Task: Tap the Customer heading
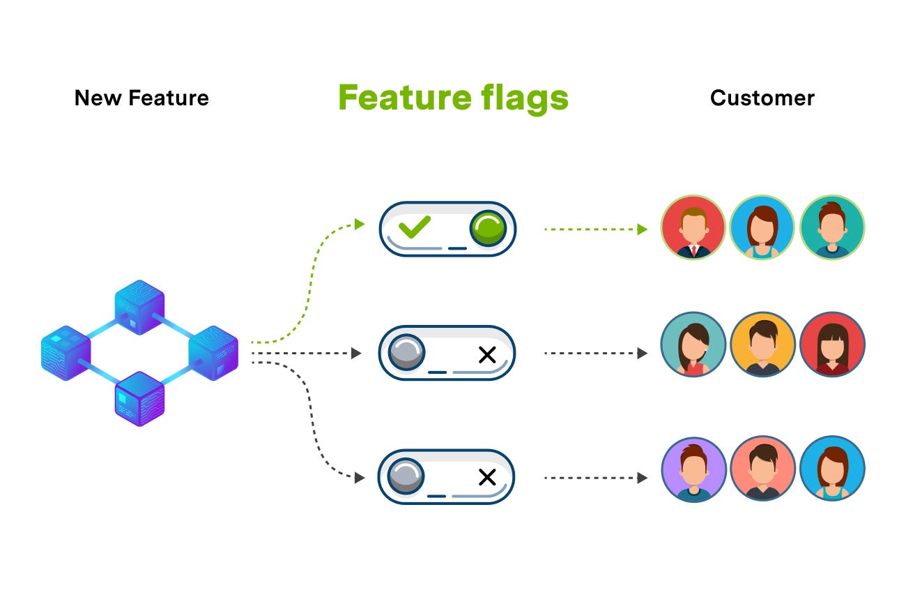[x=762, y=98]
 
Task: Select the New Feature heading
[x=141, y=98]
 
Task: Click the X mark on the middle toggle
[x=486, y=354]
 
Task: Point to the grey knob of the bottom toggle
[x=406, y=476]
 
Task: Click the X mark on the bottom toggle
[x=486, y=478]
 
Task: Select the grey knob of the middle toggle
[x=406, y=352]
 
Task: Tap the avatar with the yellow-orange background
[x=762, y=345]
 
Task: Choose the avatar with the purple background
[x=693, y=469]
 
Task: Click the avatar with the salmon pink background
[x=762, y=469]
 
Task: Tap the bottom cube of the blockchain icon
[x=139, y=399]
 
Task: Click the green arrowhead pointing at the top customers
[x=642, y=229]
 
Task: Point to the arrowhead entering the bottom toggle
[x=360, y=478]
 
